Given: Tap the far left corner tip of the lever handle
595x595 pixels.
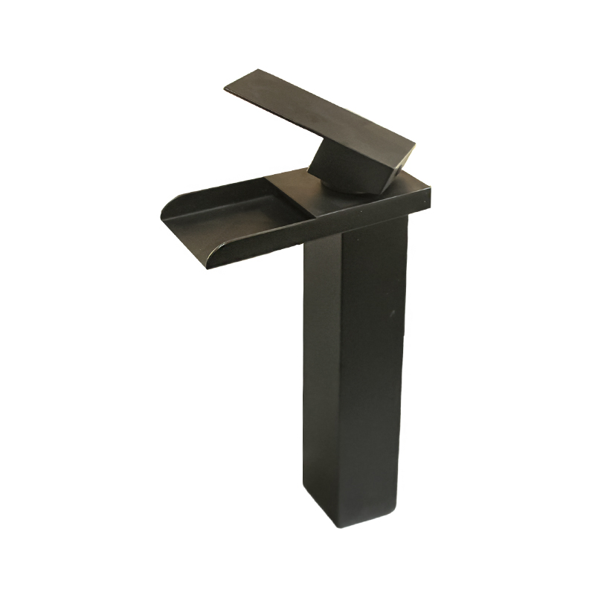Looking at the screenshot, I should pyautogui.click(x=225, y=90).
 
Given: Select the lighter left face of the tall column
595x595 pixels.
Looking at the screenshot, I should pyautogui.click(x=321, y=357).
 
